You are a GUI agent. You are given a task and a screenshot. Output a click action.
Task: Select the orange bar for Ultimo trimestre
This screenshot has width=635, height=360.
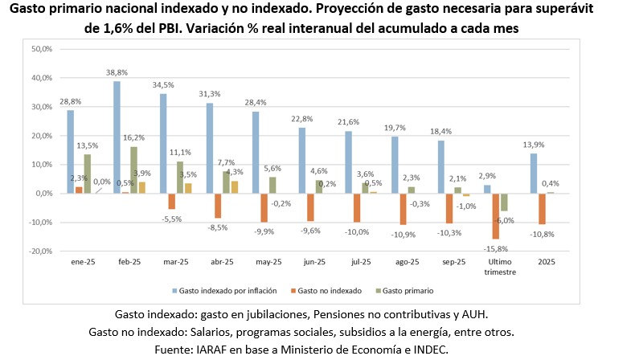(x=495, y=216)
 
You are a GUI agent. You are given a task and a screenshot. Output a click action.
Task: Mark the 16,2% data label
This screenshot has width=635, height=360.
(x=134, y=137)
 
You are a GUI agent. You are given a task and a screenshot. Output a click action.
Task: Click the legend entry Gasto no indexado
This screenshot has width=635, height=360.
(x=329, y=290)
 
